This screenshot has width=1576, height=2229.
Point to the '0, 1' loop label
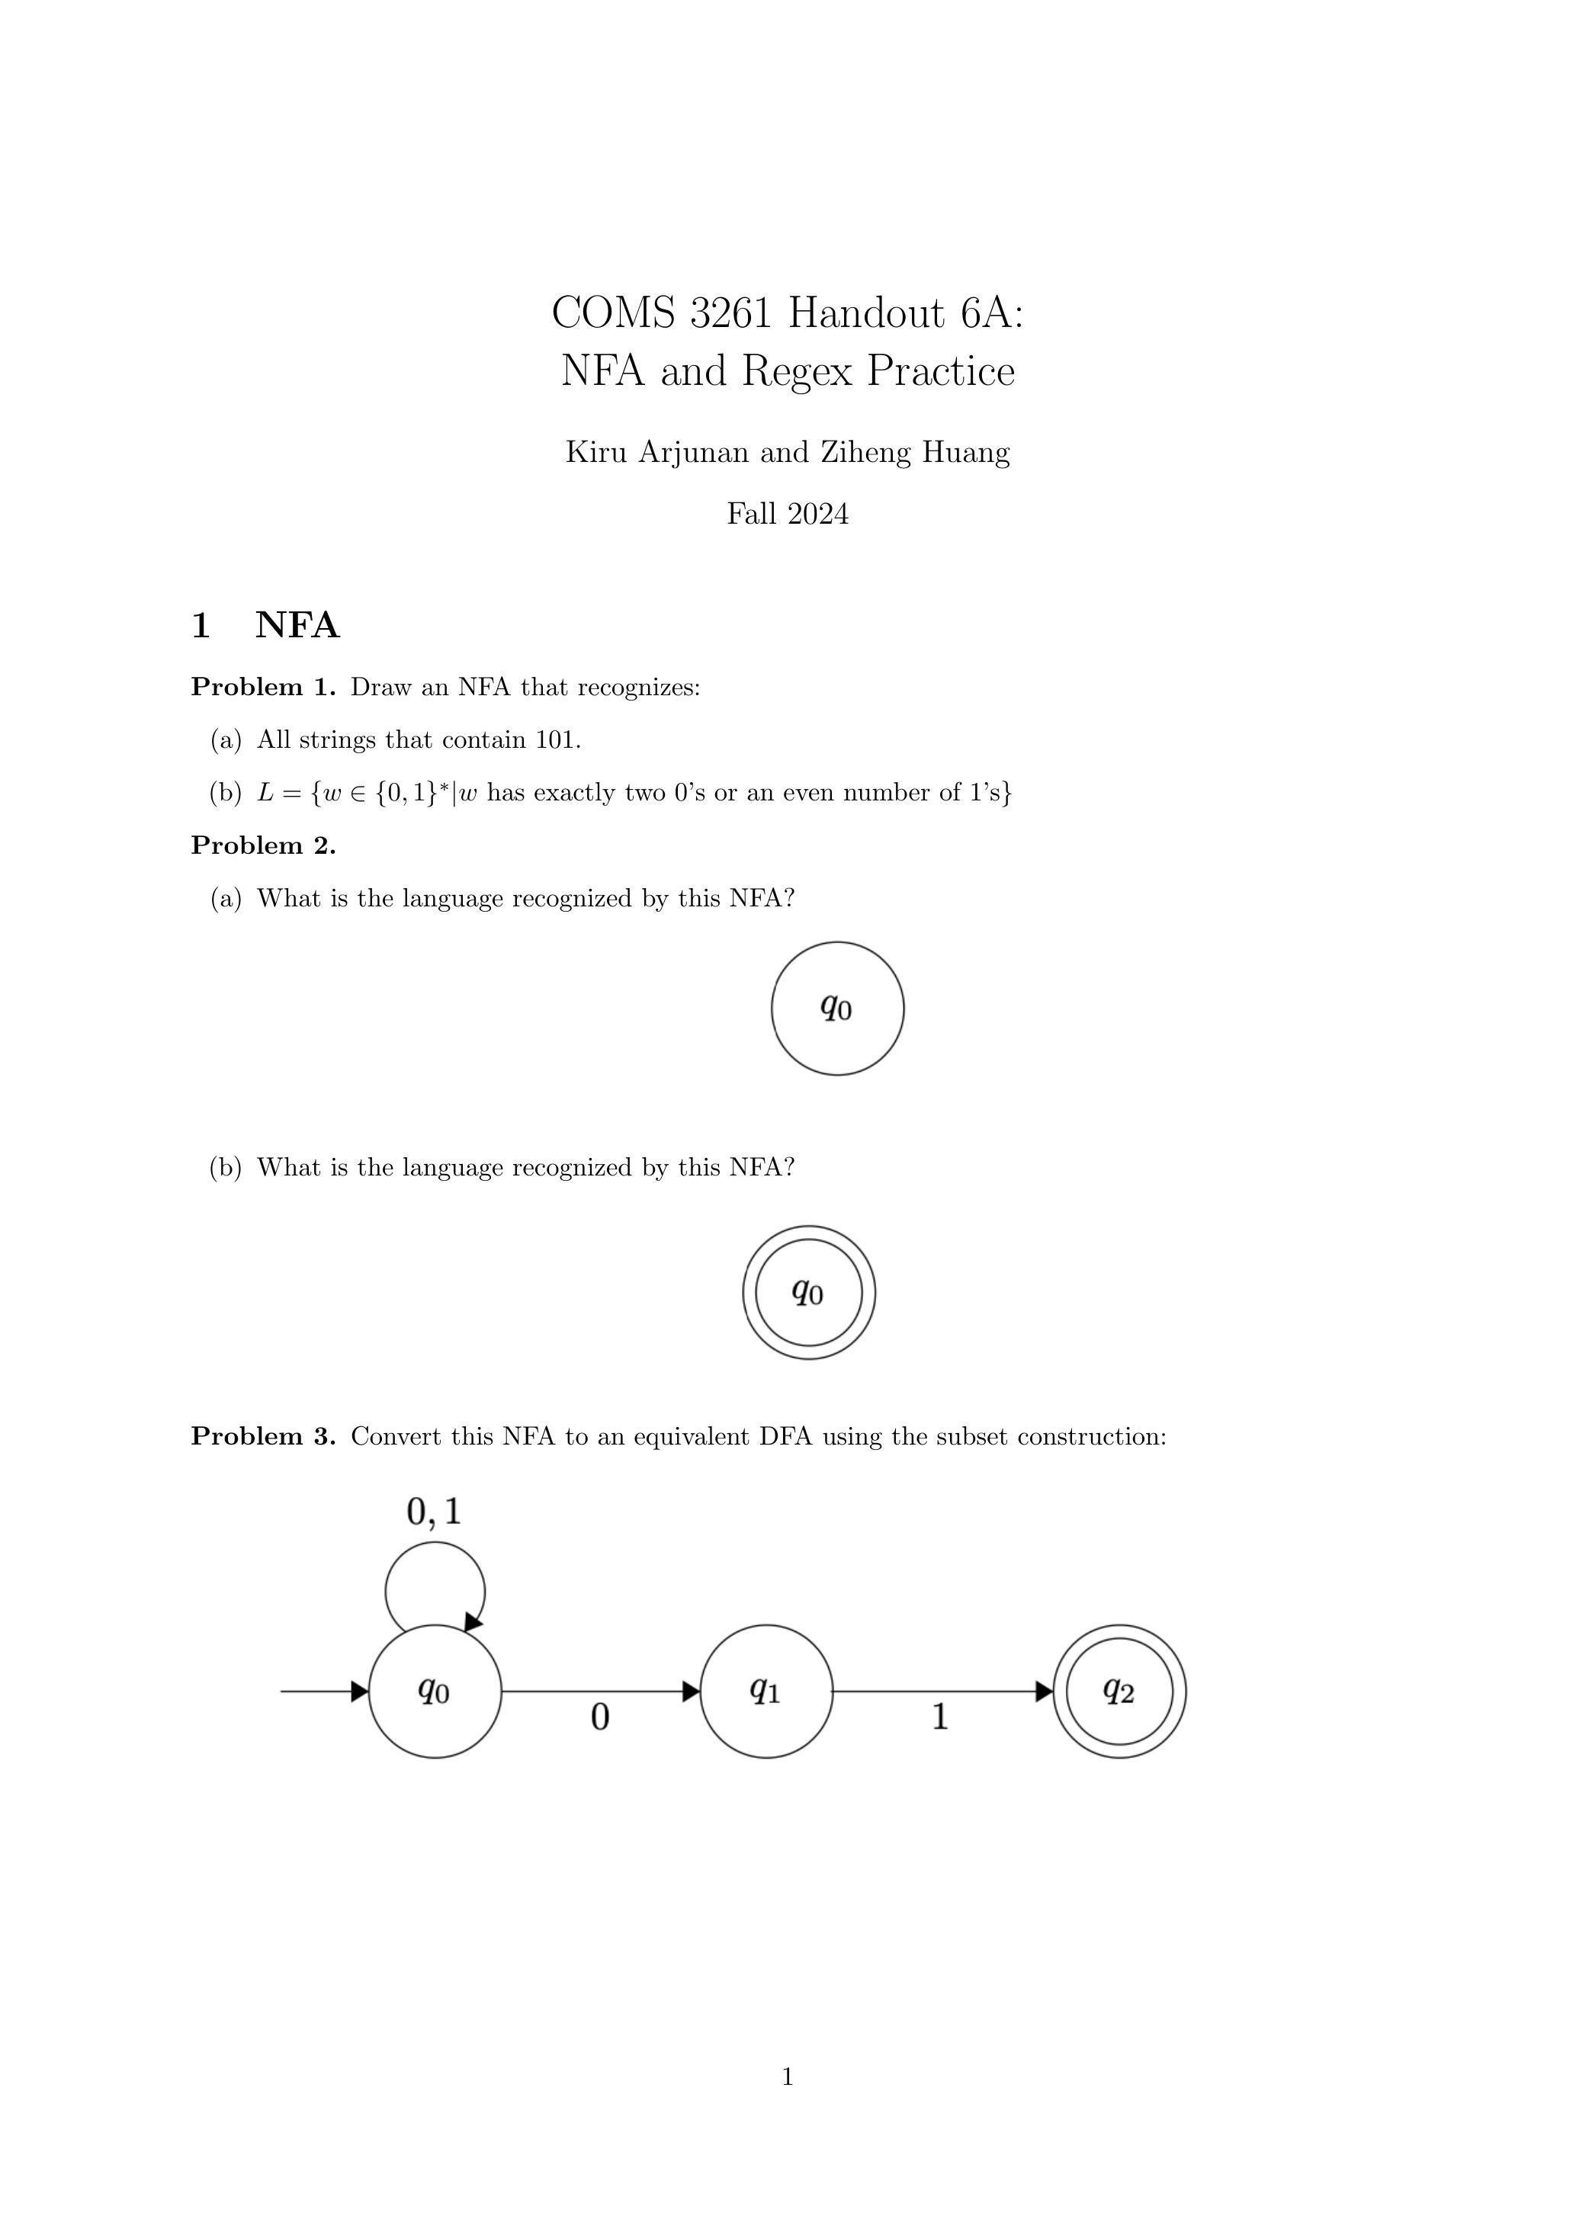pos(433,1511)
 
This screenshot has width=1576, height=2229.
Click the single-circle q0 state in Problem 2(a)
pos(838,1008)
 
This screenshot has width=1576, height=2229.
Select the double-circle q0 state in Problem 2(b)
pos(809,1292)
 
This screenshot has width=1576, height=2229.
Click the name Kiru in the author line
pos(596,451)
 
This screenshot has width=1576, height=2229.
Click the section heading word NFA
pos(297,625)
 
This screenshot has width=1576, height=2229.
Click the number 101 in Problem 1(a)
pos(557,739)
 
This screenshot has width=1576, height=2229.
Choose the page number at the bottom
pos(788,2077)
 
